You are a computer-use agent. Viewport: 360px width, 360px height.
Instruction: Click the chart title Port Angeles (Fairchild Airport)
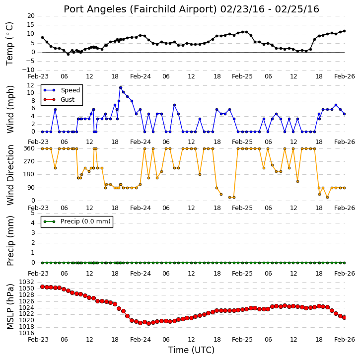click(x=140, y=9)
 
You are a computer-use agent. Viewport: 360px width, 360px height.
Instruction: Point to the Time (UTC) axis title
click(x=191, y=350)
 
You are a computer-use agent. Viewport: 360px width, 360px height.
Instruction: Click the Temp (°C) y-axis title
click(x=9, y=44)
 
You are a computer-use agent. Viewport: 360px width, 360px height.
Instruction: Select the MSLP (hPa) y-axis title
click(x=10, y=307)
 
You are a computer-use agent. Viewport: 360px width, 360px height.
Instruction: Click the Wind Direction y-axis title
click(x=10, y=175)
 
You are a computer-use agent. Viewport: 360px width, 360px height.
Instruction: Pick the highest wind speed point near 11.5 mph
click(x=121, y=88)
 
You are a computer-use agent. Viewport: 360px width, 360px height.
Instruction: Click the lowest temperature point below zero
click(x=68, y=55)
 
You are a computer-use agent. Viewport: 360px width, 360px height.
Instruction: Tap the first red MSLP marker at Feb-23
click(x=43, y=287)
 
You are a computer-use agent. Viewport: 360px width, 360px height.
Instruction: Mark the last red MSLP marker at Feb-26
click(x=344, y=317)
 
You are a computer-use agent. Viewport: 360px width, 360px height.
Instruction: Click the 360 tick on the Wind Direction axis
click(x=29, y=148)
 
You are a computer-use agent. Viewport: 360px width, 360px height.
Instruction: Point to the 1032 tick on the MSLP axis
click(x=26, y=282)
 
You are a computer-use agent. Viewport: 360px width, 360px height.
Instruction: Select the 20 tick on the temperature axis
click(x=31, y=16)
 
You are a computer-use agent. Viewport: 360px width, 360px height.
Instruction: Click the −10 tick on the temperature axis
click(x=28, y=70)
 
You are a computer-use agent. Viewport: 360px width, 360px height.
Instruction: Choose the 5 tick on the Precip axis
click(x=33, y=213)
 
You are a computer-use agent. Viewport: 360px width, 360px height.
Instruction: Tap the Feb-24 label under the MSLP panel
click(x=141, y=339)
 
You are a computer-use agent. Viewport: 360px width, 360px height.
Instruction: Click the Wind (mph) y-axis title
click(x=10, y=109)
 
